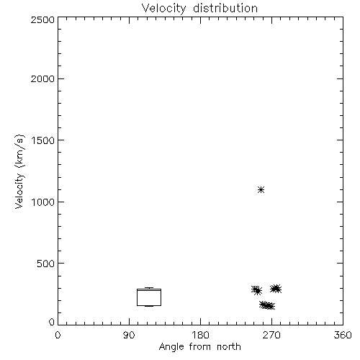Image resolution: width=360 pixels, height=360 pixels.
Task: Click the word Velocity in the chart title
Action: (163, 9)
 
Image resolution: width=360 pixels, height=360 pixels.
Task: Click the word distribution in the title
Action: (225, 8)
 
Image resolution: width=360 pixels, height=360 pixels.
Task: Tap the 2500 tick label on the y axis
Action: (42, 19)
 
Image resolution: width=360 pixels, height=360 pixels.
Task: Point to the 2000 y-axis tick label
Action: (42, 78)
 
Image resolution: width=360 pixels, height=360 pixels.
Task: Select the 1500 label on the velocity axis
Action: (43, 140)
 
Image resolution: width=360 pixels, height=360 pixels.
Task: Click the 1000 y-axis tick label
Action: (43, 202)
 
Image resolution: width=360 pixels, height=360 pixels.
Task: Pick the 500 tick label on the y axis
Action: (46, 264)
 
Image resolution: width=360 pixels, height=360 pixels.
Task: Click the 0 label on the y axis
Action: (52, 322)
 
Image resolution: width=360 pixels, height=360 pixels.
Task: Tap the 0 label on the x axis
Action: (58, 335)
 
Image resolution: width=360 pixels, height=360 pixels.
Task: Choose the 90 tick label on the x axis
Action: (129, 335)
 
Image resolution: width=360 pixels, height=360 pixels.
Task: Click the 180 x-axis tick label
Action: (200, 335)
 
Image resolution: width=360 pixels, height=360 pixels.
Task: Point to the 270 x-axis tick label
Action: (271, 335)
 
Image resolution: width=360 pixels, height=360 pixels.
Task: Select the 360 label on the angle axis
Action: (343, 335)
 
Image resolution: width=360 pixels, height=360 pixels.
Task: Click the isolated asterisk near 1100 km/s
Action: (261, 190)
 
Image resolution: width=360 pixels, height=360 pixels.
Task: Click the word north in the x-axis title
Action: (229, 347)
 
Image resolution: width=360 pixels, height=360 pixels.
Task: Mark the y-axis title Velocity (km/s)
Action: (19, 171)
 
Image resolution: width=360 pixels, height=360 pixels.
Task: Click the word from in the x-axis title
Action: (200, 347)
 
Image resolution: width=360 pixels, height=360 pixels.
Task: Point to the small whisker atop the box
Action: (149, 288)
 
